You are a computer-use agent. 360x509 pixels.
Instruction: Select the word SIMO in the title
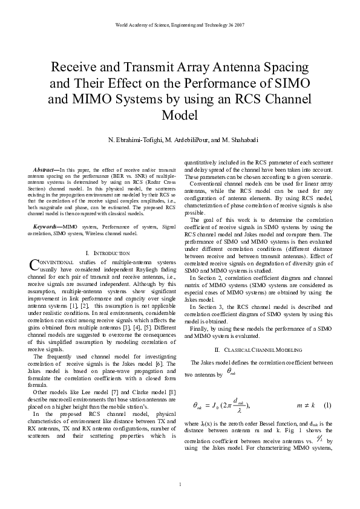[x=294, y=83]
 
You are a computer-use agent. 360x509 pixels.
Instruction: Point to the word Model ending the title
[x=180, y=115]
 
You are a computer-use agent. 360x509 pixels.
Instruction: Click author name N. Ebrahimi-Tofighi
[x=133, y=140]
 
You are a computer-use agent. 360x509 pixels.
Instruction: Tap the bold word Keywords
[x=46, y=226]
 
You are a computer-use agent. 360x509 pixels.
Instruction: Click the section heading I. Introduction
[x=108, y=253]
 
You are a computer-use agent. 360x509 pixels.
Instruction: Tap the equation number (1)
[x=327, y=404]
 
